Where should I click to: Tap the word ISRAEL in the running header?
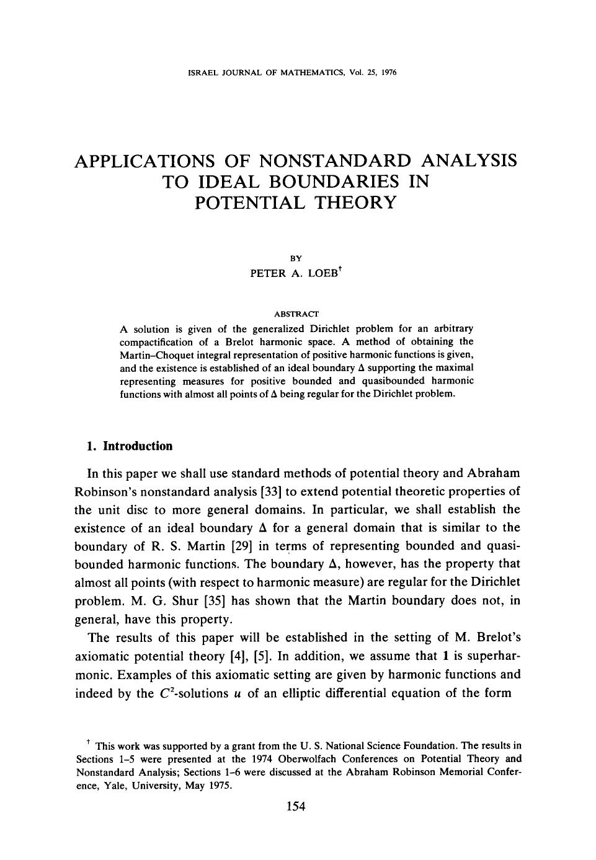(201, 72)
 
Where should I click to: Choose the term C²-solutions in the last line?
(185, 693)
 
